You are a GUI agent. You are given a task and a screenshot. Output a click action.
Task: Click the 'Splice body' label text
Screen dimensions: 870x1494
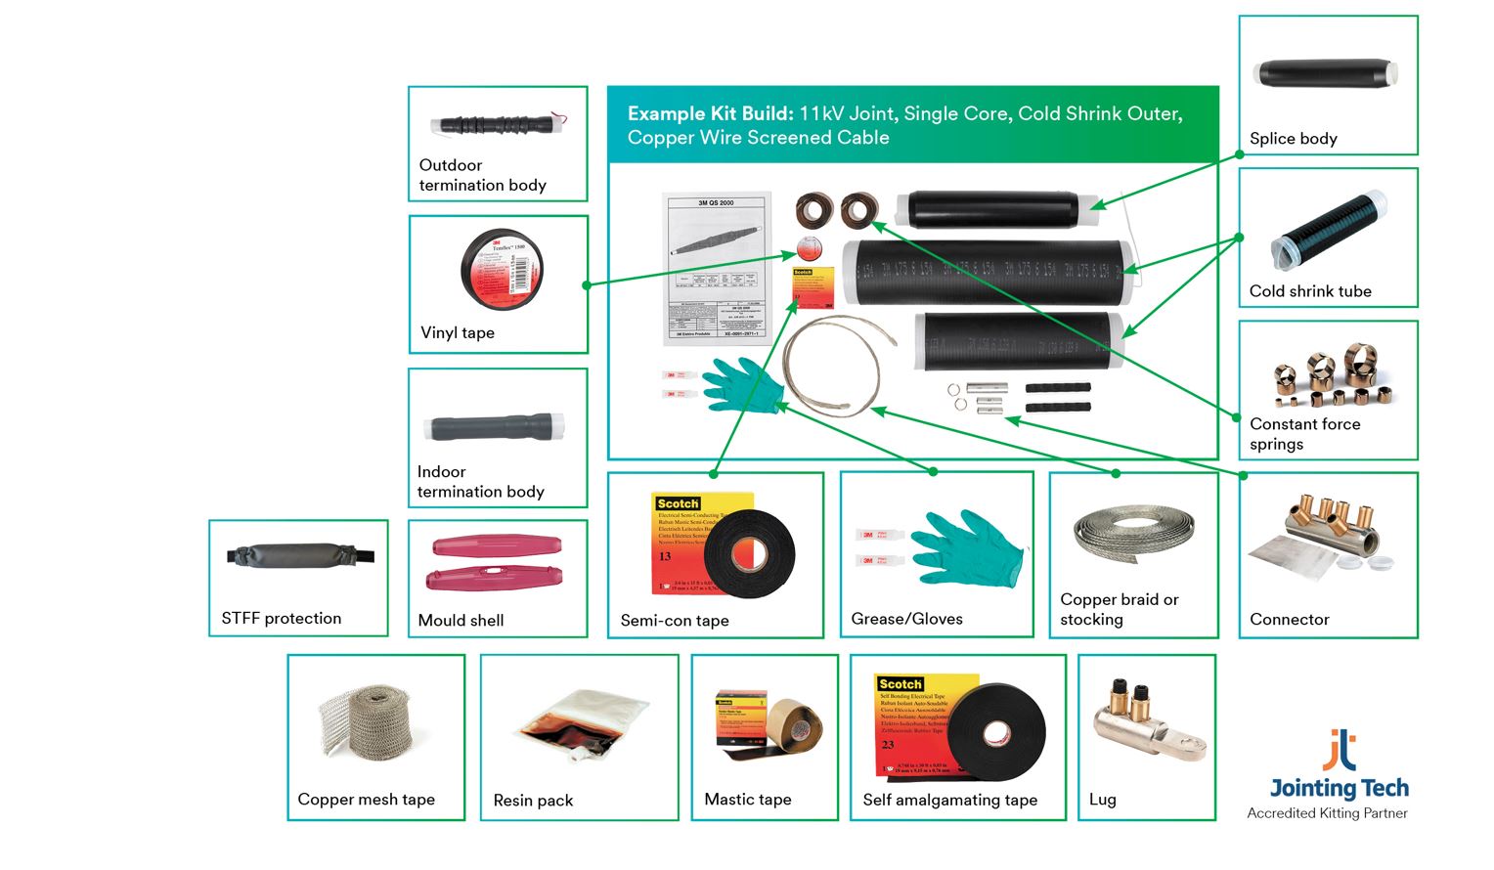[x=1293, y=139]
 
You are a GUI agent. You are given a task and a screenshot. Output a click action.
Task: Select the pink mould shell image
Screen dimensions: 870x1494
[x=495, y=562]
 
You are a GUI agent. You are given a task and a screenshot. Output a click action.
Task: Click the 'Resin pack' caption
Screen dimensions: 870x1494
[x=533, y=801]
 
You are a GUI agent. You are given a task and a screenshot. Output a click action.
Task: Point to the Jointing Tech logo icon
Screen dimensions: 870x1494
[x=1340, y=750]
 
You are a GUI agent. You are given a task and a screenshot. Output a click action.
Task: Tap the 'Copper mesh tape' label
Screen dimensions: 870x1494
[x=366, y=800]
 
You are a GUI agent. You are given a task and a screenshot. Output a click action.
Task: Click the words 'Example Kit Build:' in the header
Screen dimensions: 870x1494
[x=710, y=113]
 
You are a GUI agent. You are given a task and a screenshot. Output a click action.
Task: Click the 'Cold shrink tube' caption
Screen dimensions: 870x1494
[x=1310, y=291]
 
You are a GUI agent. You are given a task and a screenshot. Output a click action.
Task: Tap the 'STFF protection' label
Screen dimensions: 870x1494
[x=281, y=619]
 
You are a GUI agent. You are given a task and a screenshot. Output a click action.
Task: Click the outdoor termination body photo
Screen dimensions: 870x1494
[x=497, y=125]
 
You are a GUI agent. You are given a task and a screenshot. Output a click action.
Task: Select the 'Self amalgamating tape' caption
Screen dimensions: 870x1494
[x=949, y=801]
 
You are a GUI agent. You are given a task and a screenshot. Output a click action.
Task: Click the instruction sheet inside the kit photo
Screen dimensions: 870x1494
[x=717, y=267]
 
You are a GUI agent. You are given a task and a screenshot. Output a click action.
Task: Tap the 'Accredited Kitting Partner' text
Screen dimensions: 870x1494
[x=1327, y=813]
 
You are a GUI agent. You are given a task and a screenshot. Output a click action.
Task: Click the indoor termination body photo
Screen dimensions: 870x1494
[x=494, y=428]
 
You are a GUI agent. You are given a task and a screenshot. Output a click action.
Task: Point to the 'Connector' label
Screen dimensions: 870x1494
[x=1289, y=620]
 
